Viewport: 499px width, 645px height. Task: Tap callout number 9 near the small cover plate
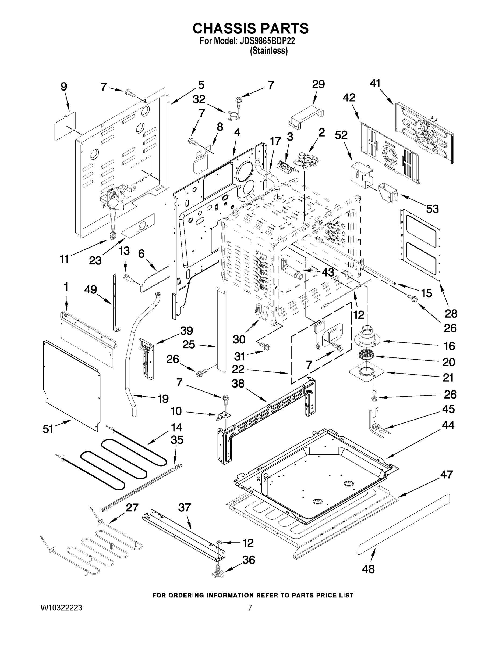click(64, 87)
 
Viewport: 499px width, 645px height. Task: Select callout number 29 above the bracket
click(318, 84)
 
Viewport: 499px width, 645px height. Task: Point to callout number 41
click(375, 84)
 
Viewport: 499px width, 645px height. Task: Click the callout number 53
click(432, 209)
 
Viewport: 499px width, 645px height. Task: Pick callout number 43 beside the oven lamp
click(328, 272)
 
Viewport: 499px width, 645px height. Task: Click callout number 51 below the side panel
click(48, 429)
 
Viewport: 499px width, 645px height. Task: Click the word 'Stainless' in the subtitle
click(269, 51)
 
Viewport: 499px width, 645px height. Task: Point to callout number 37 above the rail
click(185, 507)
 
